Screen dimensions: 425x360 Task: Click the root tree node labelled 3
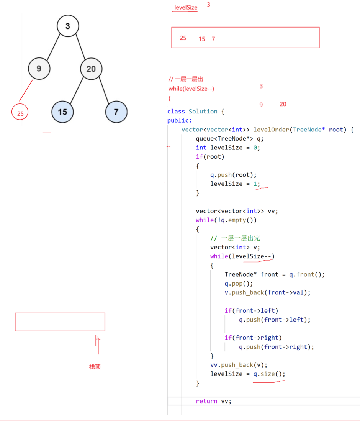click(x=68, y=26)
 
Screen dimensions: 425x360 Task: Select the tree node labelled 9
click(x=39, y=69)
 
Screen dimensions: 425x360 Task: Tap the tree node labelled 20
click(x=91, y=69)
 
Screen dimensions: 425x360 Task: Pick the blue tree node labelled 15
click(x=62, y=112)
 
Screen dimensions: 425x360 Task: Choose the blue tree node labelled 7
click(x=116, y=112)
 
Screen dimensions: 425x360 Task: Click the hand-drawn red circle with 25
click(x=20, y=113)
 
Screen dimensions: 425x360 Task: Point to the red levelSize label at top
click(x=186, y=7)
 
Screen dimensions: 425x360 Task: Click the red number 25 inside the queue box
click(x=183, y=38)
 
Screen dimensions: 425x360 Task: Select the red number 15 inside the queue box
click(x=202, y=39)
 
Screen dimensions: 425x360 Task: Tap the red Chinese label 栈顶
click(x=95, y=367)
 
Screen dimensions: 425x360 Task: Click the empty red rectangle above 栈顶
click(x=60, y=322)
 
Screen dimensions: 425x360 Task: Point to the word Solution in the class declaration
click(x=203, y=111)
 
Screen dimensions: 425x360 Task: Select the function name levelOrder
click(x=272, y=130)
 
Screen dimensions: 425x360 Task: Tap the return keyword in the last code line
click(x=206, y=401)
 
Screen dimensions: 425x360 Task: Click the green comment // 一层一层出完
click(x=235, y=238)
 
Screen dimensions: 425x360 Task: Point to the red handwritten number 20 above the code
click(x=283, y=104)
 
